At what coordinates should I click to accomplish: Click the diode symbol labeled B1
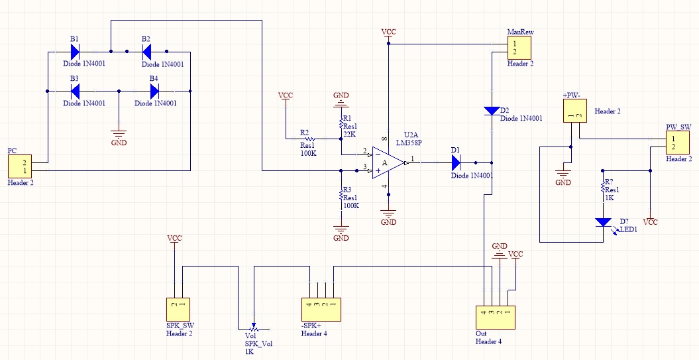point(75,51)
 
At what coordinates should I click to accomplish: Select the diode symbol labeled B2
point(146,51)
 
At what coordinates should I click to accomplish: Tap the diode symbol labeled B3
point(75,90)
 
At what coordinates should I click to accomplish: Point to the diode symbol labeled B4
point(154,90)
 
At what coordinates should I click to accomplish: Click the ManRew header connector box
point(520,47)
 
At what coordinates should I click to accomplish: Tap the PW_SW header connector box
point(678,142)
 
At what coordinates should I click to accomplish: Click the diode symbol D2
point(492,111)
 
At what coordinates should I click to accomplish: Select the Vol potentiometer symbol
point(252,328)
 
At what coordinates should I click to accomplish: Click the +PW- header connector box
point(571,111)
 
